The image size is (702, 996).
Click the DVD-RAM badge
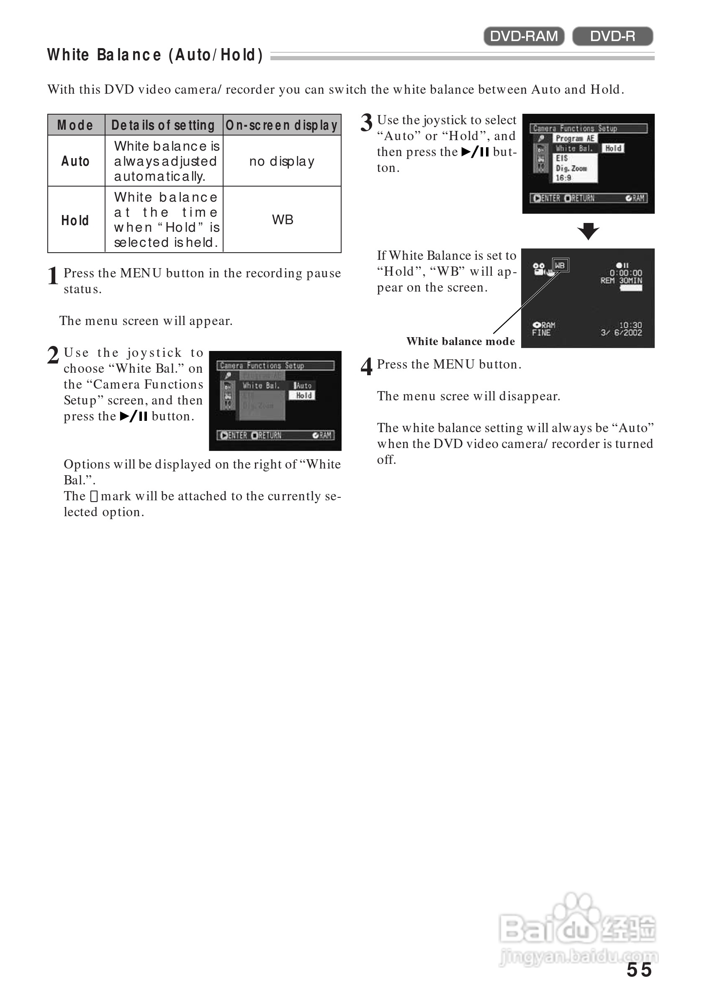(x=524, y=36)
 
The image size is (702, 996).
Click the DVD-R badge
(x=612, y=36)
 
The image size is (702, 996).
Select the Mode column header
(x=75, y=125)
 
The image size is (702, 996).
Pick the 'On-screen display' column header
(x=282, y=125)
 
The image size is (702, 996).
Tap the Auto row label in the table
(x=75, y=161)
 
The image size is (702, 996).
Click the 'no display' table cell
(x=282, y=161)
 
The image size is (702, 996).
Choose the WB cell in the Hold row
(x=283, y=220)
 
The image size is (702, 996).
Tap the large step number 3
(x=366, y=123)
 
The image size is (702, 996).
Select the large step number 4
(x=366, y=366)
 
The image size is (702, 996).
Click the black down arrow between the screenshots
(x=588, y=231)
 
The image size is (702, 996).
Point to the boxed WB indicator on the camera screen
(x=560, y=265)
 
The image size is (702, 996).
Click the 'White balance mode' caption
(x=460, y=341)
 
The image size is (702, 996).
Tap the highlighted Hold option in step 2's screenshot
(x=303, y=395)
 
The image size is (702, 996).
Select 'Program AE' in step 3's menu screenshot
(x=575, y=138)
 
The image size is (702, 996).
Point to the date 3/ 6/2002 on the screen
(x=621, y=333)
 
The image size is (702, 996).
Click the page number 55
(x=639, y=970)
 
